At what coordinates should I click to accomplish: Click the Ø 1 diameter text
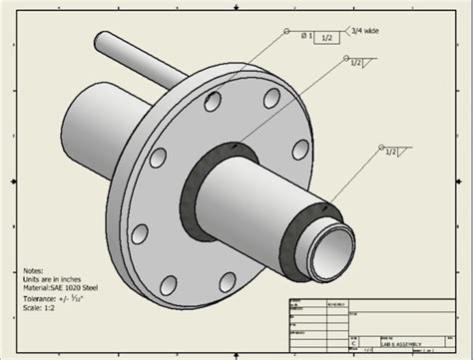[303, 37]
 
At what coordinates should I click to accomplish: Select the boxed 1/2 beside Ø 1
[328, 37]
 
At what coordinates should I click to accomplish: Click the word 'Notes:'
[36, 269]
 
